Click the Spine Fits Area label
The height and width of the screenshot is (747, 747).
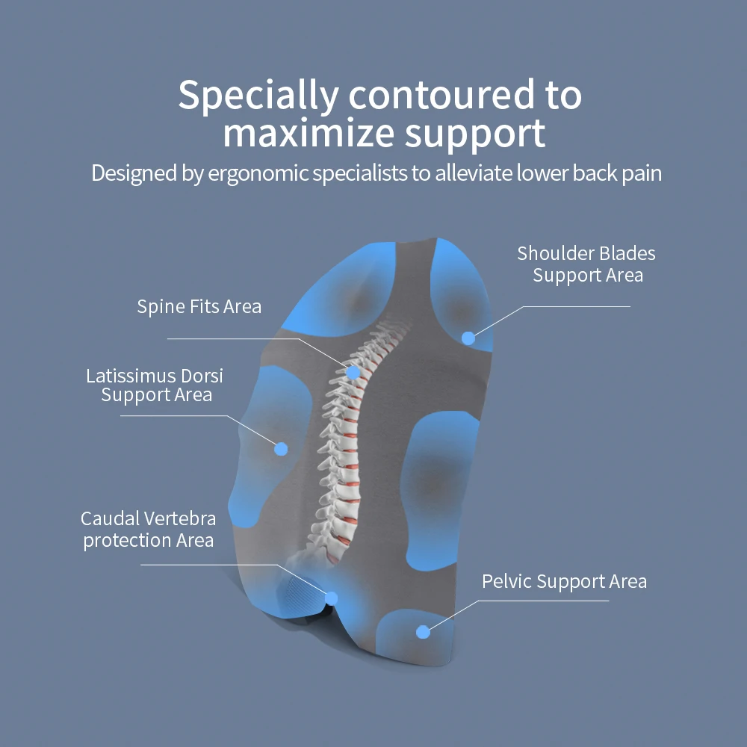(x=199, y=306)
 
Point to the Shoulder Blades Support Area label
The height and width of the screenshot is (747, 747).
(x=587, y=264)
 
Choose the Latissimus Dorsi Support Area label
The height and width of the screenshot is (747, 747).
(x=155, y=385)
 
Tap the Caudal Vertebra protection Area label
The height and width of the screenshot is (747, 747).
(x=148, y=529)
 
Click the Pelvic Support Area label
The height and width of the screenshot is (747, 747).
(x=564, y=581)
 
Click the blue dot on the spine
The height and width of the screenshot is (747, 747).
(x=353, y=371)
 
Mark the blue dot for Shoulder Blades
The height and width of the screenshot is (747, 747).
(x=468, y=338)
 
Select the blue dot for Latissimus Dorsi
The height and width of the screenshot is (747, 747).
(x=281, y=448)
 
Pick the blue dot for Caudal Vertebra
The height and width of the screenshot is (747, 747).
(x=331, y=598)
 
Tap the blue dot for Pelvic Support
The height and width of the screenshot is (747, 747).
(x=423, y=632)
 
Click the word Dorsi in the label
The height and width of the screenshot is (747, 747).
(x=200, y=375)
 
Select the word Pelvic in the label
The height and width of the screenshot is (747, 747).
(x=506, y=581)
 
